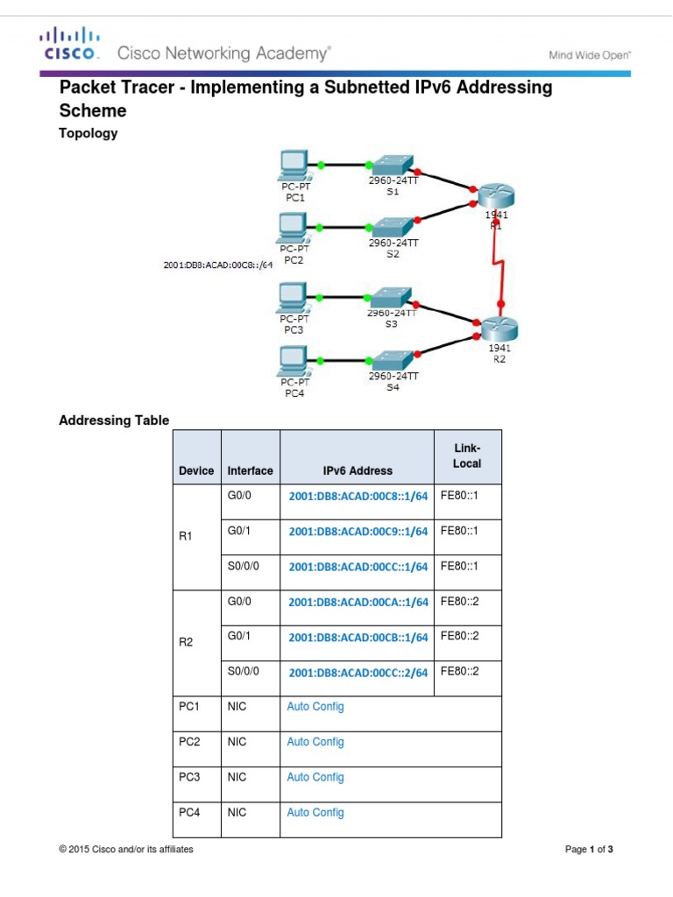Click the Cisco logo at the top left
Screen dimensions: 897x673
tap(67, 45)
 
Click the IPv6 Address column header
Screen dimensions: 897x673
tap(358, 470)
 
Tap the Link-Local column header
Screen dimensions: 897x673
tap(467, 456)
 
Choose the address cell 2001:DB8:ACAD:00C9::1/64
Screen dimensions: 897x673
tap(358, 531)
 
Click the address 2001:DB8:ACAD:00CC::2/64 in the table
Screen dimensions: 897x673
tap(358, 672)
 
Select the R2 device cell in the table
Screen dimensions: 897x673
tap(186, 642)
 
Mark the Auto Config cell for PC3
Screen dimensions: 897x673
tap(315, 777)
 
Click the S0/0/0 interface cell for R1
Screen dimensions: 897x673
tap(244, 566)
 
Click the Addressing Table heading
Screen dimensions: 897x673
tap(114, 420)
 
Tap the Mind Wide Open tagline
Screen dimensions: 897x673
tap(590, 54)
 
